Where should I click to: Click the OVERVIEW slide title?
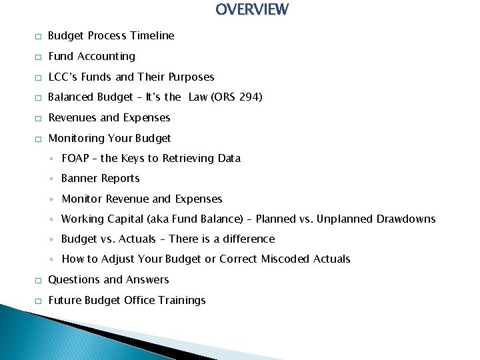252,9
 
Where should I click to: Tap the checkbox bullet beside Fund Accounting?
39,57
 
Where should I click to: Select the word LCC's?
64,77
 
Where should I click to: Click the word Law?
198,97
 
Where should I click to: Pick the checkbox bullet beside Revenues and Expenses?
39,118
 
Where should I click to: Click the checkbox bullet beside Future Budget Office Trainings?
39,301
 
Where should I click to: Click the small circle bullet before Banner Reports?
52,179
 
